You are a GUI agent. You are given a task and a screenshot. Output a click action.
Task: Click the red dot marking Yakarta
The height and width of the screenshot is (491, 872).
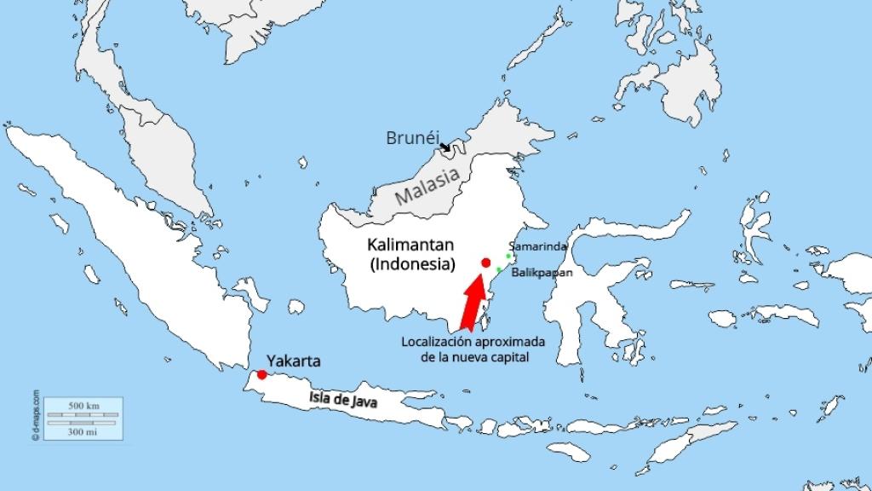(x=261, y=374)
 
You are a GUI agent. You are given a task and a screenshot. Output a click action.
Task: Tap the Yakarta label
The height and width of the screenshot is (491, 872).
(x=294, y=361)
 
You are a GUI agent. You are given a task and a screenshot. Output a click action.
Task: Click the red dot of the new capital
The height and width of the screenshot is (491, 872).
(x=485, y=263)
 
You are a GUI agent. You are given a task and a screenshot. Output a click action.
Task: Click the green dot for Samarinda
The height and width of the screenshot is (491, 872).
(x=508, y=256)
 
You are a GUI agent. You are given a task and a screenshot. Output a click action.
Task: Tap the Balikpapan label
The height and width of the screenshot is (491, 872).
(x=542, y=274)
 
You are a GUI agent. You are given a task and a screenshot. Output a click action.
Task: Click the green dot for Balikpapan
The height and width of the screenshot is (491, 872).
(x=499, y=270)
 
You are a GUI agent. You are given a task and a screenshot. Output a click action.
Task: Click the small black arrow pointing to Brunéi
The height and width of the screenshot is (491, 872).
(x=445, y=147)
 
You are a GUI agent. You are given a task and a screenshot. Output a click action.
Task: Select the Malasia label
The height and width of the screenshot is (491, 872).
(x=428, y=187)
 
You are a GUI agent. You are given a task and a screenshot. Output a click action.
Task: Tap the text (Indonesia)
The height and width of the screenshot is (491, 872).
(x=412, y=264)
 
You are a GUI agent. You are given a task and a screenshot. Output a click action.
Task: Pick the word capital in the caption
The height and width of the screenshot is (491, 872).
(x=510, y=357)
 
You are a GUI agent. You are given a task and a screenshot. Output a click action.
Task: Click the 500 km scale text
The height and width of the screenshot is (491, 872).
(x=83, y=405)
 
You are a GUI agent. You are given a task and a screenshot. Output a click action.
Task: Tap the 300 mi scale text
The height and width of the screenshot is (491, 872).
(x=83, y=432)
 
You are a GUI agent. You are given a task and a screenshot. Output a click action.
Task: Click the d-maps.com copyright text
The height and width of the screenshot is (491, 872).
(x=36, y=414)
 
